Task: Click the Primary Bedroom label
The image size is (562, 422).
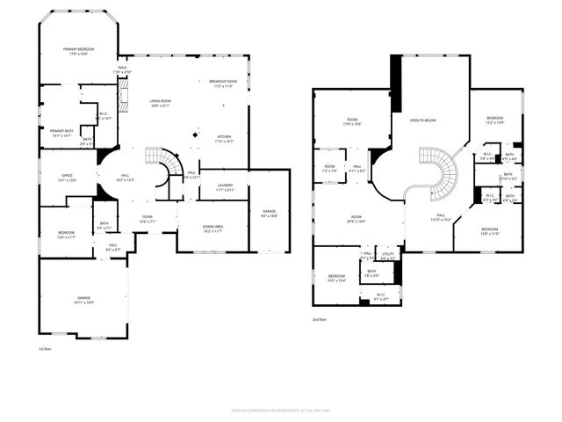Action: [78, 49]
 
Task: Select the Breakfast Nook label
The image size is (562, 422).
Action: [223, 82]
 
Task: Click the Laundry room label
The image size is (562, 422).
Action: [225, 186]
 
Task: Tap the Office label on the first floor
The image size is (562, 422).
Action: [67, 175]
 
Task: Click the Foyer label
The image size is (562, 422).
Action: [146, 219]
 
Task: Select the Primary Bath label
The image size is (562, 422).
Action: [55, 131]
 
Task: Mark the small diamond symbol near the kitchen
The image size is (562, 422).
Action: [196, 135]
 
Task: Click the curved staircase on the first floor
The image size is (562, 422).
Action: [164, 164]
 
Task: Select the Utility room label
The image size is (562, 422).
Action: [388, 255]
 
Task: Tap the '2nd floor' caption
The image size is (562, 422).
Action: [320, 319]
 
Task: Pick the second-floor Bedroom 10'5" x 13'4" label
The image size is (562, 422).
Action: [337, 278]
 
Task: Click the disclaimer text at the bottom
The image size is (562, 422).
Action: [280, 409]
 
